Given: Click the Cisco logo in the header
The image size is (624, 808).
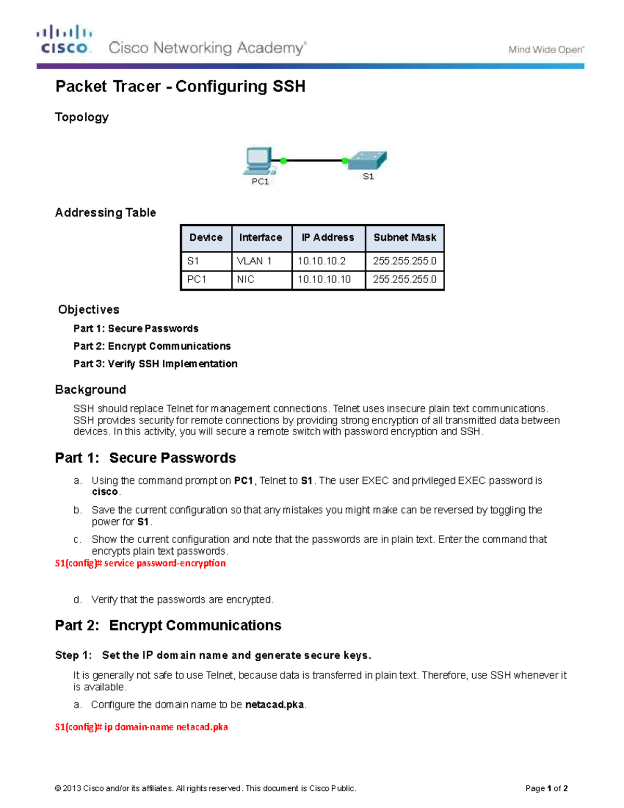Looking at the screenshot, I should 64,40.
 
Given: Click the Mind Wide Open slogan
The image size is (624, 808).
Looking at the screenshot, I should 545,50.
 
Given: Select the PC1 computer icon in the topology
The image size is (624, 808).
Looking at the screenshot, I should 258,161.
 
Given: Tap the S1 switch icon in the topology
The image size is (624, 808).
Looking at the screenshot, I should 368,160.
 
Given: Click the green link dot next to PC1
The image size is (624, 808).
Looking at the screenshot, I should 283,161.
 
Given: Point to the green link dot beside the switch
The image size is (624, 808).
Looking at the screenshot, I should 345,161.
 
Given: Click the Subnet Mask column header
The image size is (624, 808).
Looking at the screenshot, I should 405,238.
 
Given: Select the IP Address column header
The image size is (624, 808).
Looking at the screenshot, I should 328,238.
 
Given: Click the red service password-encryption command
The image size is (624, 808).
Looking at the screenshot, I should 140,563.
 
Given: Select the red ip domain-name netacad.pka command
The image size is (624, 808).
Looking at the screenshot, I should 141,727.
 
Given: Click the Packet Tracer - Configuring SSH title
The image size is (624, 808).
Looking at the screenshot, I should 180,86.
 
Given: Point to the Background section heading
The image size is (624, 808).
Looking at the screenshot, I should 90,390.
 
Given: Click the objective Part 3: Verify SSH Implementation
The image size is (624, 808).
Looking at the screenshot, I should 155,364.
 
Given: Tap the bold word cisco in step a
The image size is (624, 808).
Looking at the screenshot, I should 105,492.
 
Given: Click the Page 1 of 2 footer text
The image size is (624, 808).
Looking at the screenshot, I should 546,788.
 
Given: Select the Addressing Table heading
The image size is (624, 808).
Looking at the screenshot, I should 106,213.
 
